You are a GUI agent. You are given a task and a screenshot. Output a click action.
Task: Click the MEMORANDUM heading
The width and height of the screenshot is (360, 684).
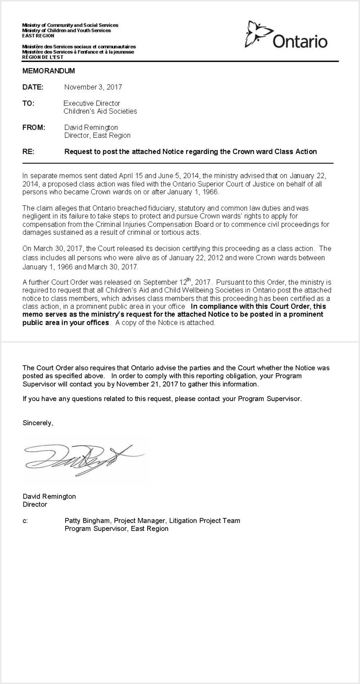(x=49, y=71)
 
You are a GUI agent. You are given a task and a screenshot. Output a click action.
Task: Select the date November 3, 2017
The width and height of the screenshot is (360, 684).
(x=93, y=87)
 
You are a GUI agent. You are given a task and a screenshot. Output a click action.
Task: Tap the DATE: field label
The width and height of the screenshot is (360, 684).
(x=33, y=87)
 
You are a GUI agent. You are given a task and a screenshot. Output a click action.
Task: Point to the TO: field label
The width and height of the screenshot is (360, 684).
(x=28, y=103)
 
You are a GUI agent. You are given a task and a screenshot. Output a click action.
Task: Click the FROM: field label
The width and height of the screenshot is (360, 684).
(x=34, y=127)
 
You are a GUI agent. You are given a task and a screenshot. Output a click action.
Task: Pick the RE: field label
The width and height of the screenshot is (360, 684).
(x=28, y=152)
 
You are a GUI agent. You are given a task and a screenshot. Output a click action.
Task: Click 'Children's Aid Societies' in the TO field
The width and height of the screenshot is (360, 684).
(x=100, y=111)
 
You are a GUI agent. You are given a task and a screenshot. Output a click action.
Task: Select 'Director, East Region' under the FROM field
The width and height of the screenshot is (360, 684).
(x=97, y=135)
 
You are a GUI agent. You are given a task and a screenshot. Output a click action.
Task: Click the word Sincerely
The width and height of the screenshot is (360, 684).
(x=38, y=423)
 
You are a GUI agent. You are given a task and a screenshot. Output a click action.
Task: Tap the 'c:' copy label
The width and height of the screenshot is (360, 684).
(x=25, y=521)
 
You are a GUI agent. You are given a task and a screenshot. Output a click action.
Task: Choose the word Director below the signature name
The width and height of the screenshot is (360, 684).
(x=35, y=504)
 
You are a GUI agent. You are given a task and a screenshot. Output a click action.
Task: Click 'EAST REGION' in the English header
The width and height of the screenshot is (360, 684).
(x=38, y=36)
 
